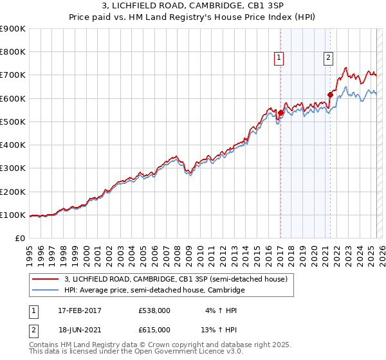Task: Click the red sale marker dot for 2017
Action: click(280, 113)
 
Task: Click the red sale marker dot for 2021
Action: click(330, 94)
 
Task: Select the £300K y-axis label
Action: click(13, 168)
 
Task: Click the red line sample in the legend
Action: click(46, 279)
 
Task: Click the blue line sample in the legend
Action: click(46, 291)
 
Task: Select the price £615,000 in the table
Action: click(154, 329)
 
